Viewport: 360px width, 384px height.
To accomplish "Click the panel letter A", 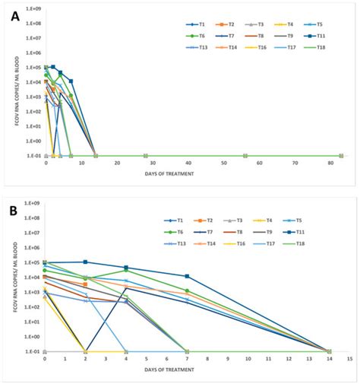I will click(x=15, y=17).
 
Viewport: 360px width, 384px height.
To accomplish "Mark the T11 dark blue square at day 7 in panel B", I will click(x=187, y=276).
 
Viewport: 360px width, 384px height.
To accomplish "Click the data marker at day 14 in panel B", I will click(x=329, y=351).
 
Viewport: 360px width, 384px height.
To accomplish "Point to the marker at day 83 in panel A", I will click(x=341, y=155).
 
